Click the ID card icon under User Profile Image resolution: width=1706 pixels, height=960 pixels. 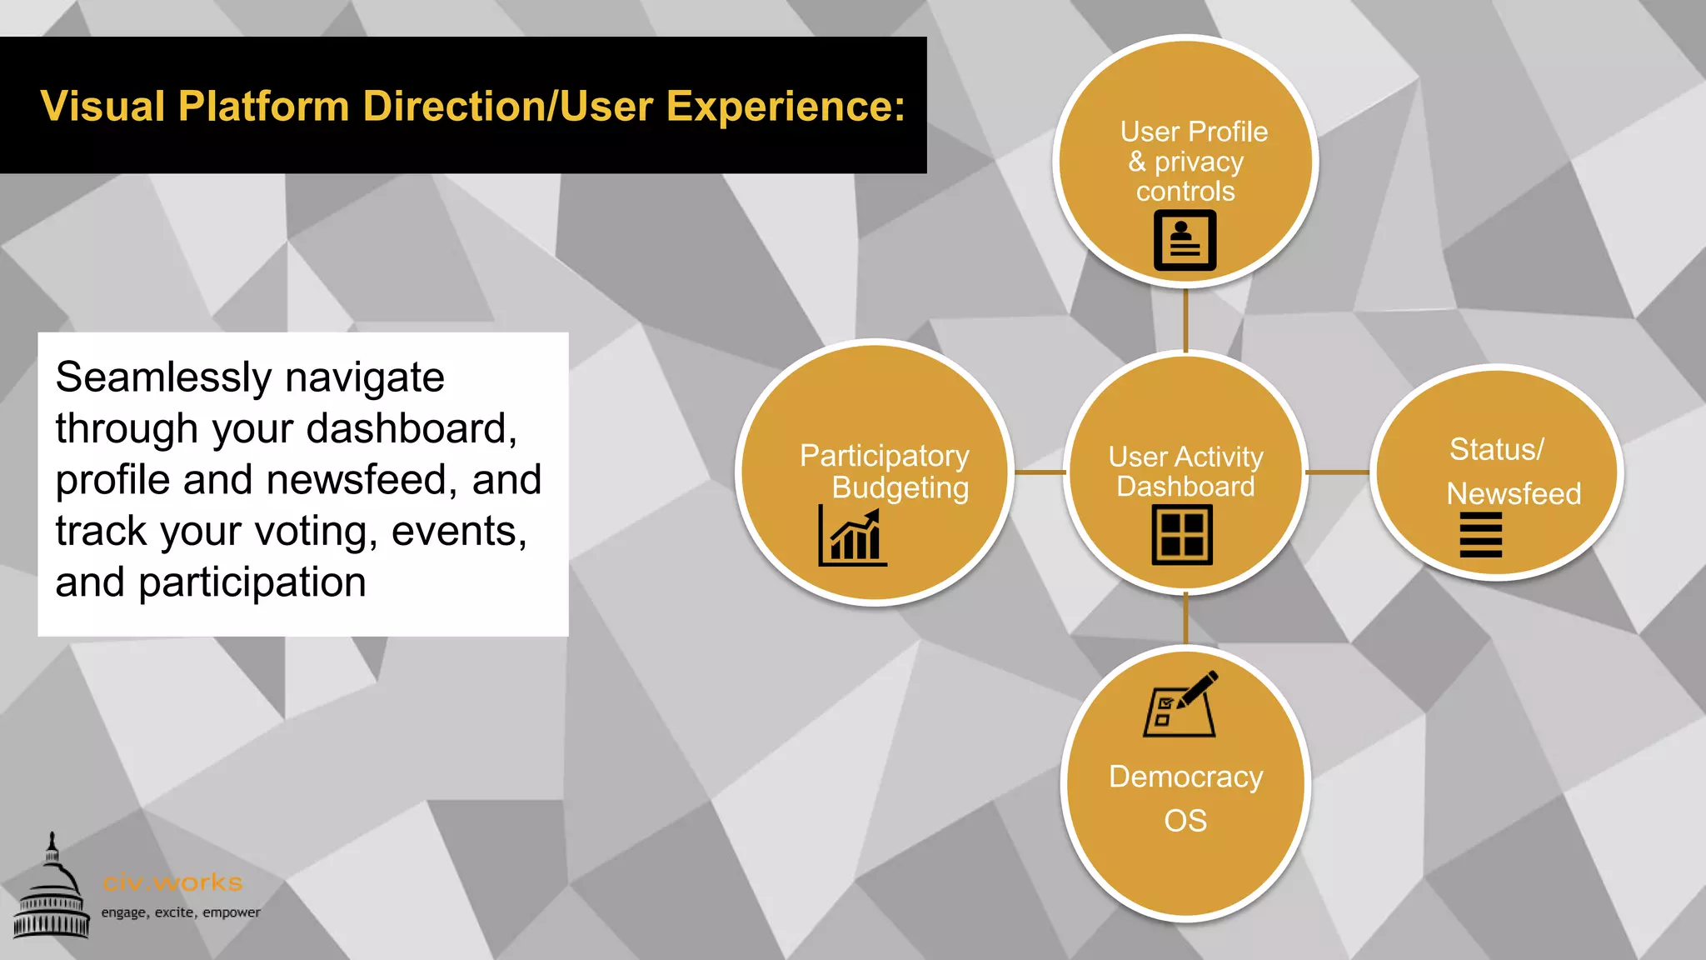1185,240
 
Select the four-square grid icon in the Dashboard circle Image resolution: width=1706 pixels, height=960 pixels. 1182,536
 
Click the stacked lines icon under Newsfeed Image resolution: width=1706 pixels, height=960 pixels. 1480,535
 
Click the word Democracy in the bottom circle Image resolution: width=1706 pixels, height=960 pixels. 1185,777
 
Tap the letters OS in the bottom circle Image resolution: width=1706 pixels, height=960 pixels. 1185,821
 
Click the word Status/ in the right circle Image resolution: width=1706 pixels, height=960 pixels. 1496,450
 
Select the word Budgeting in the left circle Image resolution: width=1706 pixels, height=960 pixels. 900,488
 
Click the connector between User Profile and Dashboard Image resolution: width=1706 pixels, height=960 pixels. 1185,320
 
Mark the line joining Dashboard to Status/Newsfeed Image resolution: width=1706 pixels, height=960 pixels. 1337,472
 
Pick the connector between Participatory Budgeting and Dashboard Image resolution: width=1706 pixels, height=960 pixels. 1040,472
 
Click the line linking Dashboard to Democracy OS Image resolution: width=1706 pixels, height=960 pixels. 1185,618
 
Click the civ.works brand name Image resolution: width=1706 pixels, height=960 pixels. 172,882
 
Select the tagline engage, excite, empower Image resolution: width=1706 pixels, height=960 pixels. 181,912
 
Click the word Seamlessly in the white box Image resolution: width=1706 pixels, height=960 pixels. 163,377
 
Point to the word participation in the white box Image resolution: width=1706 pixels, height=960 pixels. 252,582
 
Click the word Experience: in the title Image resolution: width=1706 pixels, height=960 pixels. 785,107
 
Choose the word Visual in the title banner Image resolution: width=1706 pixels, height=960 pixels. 102,107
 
